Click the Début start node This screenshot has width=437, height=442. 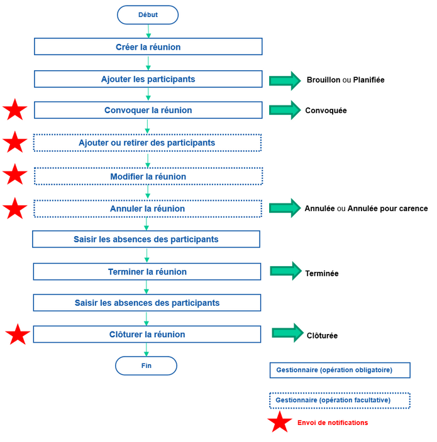coord(148,14)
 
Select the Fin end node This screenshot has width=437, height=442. coord(146,365)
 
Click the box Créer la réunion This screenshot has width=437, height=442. coord(148,47)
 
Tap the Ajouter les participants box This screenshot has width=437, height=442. coord(148,79)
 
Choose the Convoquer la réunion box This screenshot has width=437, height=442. coord(148,110)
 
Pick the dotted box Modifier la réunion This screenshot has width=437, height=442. coord(148,177)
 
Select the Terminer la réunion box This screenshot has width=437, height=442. coord(147,272)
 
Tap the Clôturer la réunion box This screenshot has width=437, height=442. coord(147,335)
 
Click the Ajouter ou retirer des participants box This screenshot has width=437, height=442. coord(147,143)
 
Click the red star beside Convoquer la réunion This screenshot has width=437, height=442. coord(15,110)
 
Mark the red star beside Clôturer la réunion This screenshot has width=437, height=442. coord(18,335)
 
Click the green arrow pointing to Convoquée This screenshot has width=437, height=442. coord(285,110)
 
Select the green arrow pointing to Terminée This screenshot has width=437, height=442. coord(285,271)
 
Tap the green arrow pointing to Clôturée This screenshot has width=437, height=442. coord(287,333)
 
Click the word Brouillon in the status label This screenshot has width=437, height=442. coord(323,80)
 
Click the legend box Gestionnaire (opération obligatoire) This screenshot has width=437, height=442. coord(340,370)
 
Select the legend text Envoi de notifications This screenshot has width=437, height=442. coord(333,423)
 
